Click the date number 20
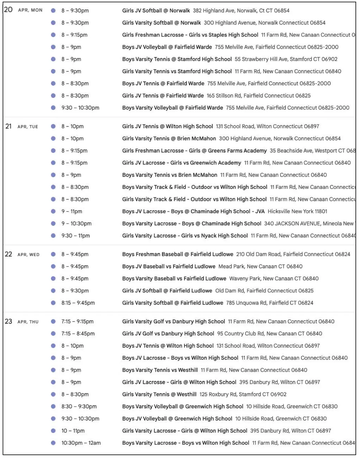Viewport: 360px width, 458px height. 8,10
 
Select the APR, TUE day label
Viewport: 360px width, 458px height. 28,127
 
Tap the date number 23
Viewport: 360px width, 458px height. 8,321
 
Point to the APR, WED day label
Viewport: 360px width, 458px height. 29,255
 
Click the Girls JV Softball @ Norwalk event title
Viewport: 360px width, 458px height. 156,11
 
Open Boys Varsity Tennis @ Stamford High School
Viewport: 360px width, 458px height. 177,59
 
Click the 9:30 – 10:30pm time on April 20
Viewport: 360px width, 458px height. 80,108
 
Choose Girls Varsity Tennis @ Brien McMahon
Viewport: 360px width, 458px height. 169,138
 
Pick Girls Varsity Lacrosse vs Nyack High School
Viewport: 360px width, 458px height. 185,236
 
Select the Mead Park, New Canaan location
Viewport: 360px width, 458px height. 260,266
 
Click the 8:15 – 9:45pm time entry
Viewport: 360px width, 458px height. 78,303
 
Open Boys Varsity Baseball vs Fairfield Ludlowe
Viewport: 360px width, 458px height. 174,278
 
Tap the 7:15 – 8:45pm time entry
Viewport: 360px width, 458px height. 78,334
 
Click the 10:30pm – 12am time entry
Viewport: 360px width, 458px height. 81,443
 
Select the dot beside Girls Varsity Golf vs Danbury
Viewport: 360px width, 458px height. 53,321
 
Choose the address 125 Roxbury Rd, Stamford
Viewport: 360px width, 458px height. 243,394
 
